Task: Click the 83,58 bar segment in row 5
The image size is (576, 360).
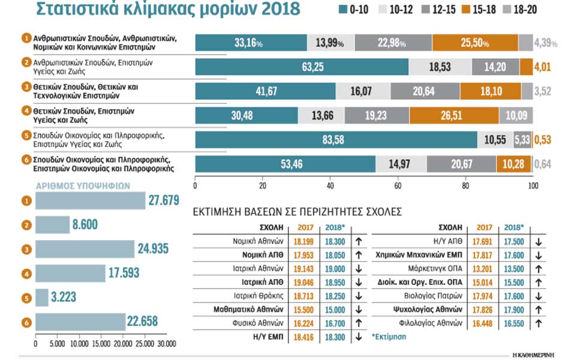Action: (x=336, y=140)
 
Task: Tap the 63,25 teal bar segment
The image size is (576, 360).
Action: (x=302, y=67)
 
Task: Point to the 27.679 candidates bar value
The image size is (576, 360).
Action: (x=163, y=201)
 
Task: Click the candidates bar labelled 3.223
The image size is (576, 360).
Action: (x=42, y=297)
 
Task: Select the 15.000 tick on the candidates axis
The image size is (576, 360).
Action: (x=101, y=344)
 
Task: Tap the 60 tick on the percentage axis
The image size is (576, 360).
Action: (x=397, y=186)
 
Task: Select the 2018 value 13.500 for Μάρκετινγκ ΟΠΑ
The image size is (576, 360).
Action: (x=512, y=270)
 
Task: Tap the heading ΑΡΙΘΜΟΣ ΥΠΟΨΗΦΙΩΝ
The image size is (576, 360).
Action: (x=83, y=186)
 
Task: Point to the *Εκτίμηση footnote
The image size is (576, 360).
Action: (x=388, y=337)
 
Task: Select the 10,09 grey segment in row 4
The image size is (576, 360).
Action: (x=515, y=115)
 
